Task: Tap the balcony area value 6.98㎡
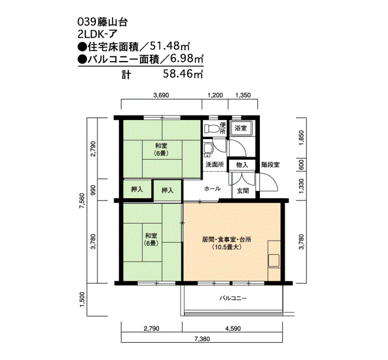pyautogui.click(x=183, y=59)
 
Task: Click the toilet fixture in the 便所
pyautogui.click(x=211, y=128)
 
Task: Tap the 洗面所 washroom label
pyautogui.click(x=215, y=164)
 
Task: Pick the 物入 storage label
pyautogui.click(x=242, y=164)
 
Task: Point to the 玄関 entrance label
pyautogui.click(x=242, y=190)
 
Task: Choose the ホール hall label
pyautogui.click(x=213, y=189)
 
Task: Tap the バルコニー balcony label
pyautogui.click(x=232, y=298)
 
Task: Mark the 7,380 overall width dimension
pyautogui.click(x=202, y=338)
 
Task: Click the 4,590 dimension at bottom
pyautogui.click(x=232, y=328)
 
